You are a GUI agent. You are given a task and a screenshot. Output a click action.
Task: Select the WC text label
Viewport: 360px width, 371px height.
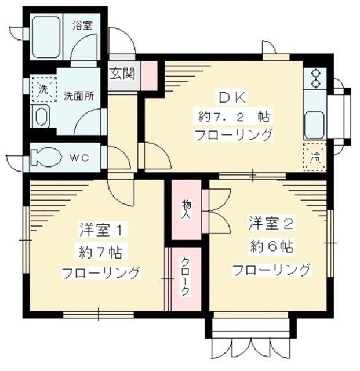pos(79,158)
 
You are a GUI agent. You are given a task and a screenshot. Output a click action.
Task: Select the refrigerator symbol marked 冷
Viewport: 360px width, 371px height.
pos(314,155)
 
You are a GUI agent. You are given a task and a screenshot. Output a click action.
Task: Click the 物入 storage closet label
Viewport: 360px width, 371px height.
pos(186,209)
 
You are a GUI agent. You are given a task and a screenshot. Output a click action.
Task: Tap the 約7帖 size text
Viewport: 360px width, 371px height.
pos(100,252)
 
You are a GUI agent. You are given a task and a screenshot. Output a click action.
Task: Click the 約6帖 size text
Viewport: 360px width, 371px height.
pos(271,246)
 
